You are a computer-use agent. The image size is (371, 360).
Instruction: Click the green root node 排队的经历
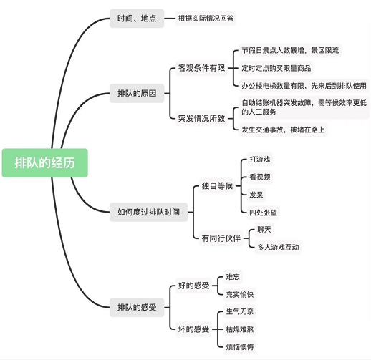tap(45, 163)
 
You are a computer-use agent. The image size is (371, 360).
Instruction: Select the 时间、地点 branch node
tap(137, 19)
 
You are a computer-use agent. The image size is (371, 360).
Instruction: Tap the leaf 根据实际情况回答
tap(206, 19)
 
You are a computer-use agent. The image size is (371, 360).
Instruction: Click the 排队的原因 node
tap(137, 93)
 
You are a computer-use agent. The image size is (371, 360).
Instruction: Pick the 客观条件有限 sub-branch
tap(202, 68)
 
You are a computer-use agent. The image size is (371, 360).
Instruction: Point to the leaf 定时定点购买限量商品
tap(276, 68)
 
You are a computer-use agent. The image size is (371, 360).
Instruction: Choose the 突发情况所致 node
tap(202, 118)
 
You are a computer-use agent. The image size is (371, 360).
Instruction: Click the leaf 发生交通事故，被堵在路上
tap(283, 130)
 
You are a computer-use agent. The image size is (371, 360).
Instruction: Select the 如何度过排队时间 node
tap(148, 212)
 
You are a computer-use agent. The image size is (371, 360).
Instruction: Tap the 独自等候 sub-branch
tap(217, 186)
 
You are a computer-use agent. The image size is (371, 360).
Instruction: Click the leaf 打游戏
tap(260, 159)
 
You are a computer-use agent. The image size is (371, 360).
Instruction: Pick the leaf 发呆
tap(256, 195)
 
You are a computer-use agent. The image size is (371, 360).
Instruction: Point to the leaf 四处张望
tap(263, 213)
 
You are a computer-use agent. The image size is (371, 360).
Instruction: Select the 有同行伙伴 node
tap(221, 238)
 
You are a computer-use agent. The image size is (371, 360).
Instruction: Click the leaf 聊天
tap(264, 230)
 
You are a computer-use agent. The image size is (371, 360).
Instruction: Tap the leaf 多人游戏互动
tap(278, 247)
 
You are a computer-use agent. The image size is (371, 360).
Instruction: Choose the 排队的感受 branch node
tap(137, 308)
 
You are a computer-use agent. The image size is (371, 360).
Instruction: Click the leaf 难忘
tap(233, 277)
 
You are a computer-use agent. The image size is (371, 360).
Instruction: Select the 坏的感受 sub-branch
tap(194, 329)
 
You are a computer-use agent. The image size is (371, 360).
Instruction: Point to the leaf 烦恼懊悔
tap(240, 347)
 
